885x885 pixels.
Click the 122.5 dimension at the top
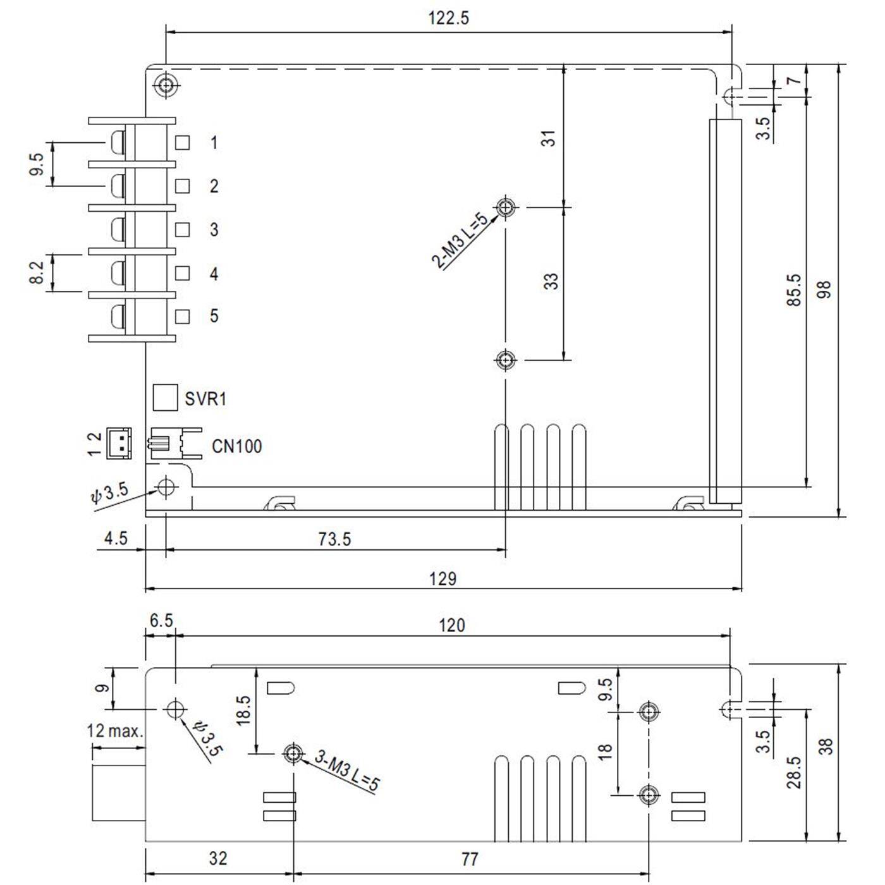(x=448, y=18)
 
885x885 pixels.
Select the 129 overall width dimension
(x=442, y=578)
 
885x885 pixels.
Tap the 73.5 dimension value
(x=334, y=539)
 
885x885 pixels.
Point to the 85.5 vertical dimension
(x=794, y=290)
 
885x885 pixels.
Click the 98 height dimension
(x=824, y=290)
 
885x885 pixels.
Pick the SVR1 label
(x=205, y=399)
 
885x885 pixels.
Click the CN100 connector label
(x=236, y=446)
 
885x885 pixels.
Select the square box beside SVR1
(x=165, y=398)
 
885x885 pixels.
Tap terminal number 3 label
(x=214, y=229)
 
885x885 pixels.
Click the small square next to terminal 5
(x=183, y=316)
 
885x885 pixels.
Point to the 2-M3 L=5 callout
(x=460, y=241)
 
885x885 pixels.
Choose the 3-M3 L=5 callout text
(x=348, y=771)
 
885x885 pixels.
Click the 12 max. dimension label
(x=115, y=731)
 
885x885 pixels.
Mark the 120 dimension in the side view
(x=451, y=625)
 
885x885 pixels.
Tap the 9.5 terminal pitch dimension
(x=37, y=165)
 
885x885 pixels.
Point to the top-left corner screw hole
(x=166, y=85)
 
